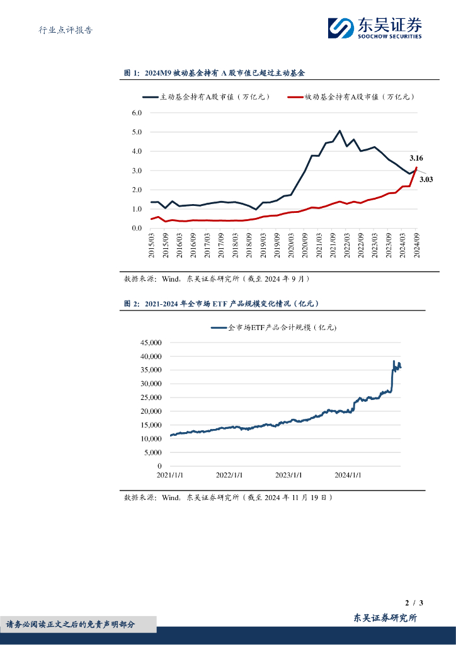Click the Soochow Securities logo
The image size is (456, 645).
tap(374, 28)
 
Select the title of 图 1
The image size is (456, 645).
tap(214, 73)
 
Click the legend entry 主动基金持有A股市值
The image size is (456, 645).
tap(206, 97)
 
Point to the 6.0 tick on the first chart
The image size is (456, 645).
tap(137, 113)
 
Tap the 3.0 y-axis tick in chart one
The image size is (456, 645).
tap(137, 171)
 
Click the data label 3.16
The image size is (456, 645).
tap(416, 157)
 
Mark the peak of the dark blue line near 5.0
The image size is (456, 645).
tap(339, 131)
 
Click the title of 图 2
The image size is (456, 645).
tap(222, 304)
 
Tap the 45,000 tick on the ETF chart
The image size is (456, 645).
tap(149, 343)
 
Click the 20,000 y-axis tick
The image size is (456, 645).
tap(149, 411)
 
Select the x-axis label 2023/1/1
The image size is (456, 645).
tap(288, 476)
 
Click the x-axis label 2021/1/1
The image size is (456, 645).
tap(171, 476)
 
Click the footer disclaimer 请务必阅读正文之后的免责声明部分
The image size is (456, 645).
tap(71, 624)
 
